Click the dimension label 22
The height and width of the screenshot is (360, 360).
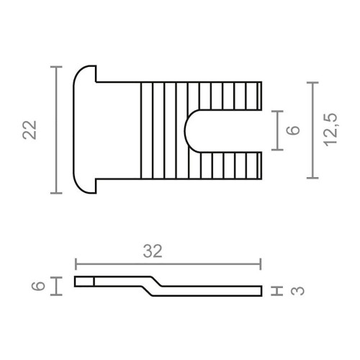pyautogui.click(x=30, y=130)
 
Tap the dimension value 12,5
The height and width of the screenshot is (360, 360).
pyautogui.click(x=332, y=130)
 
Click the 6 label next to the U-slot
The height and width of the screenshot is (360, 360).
pyautogui.click(x=292, y=130)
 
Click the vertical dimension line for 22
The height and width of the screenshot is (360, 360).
pyautogui.click(x=55, y=130)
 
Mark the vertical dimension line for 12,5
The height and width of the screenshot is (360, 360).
pyautogui.click(x=311, y=130)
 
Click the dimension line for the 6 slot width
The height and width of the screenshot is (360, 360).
pyautogui.click(x=274, y=130)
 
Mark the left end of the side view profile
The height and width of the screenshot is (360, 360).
pyautogui.click(x=78, y=281)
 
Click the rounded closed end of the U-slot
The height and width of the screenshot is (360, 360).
pyautogui.click(x=189, y=130)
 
